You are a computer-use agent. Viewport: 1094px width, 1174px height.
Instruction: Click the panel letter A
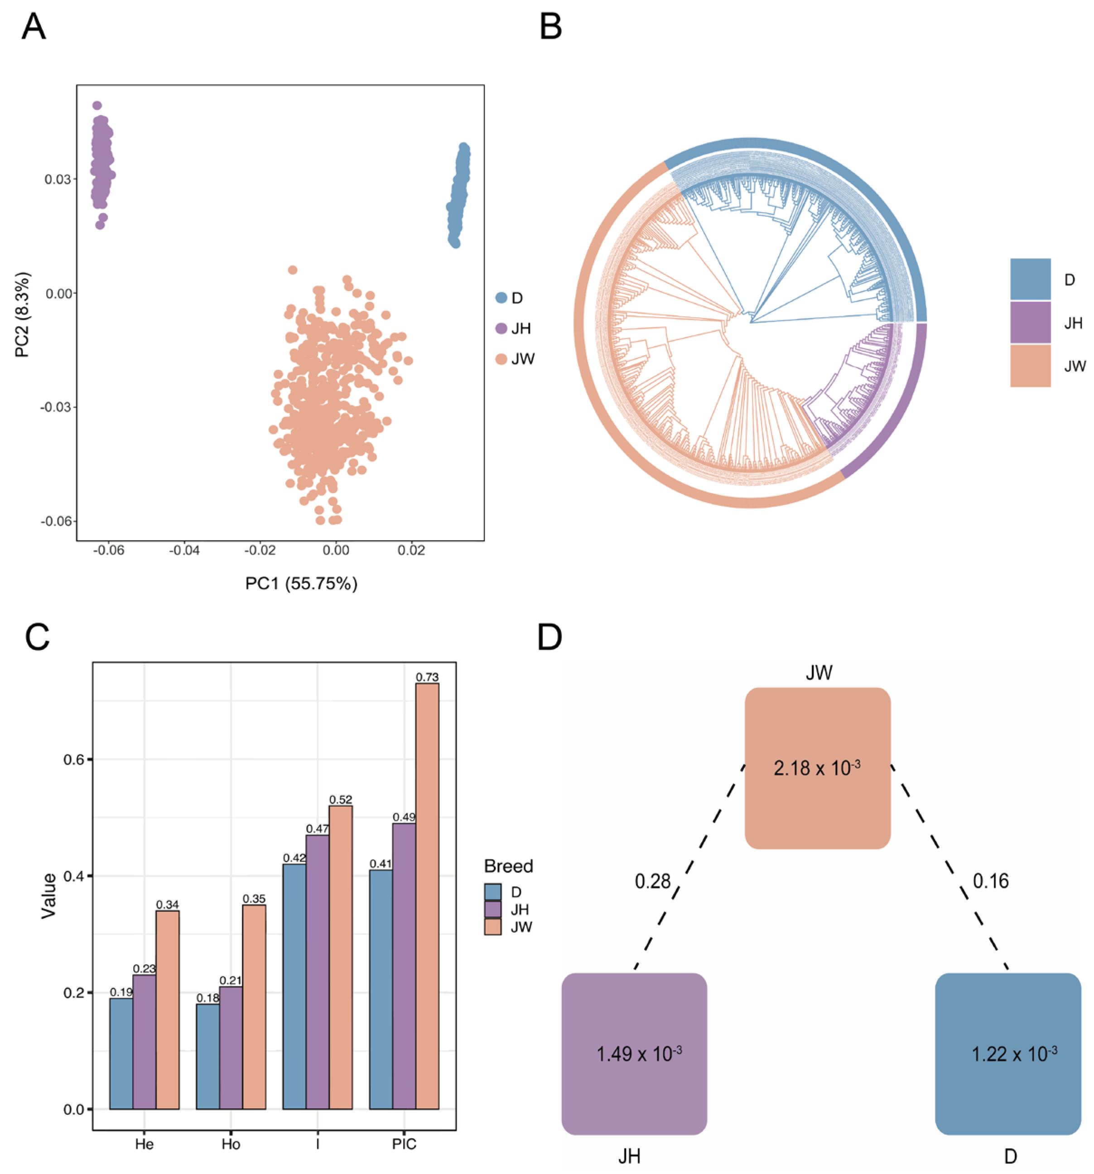pos(33,27)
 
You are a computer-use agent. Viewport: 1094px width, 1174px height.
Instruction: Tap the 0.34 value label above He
pos(167,904)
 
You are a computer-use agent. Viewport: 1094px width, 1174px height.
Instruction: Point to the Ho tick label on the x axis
pos(231,1145)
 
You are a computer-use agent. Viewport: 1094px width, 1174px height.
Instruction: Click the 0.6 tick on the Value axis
pos(73,759)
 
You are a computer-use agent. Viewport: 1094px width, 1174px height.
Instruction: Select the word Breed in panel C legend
pos(508,866)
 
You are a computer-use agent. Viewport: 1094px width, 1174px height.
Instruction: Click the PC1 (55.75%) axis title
pos(301,584)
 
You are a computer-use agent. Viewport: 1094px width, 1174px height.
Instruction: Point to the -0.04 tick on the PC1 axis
pos(184,551)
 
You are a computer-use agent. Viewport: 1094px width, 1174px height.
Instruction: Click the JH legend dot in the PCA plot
pos(501,329)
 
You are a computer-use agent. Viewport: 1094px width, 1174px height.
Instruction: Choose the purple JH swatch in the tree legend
pos(1030,323)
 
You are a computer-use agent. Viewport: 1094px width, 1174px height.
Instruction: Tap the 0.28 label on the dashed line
pos(652,881)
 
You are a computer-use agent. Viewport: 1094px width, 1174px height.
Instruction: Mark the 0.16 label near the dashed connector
pos(990,881)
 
